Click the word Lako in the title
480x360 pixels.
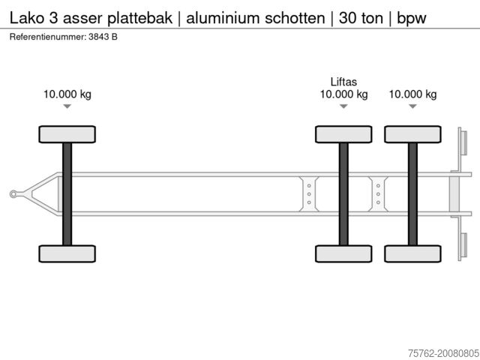click(x=27, y=18)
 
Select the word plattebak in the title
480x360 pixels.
click(x=140, y=18)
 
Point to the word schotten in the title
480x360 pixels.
click(x=295, y=18)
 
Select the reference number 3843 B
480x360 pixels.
click(x=103, y=37)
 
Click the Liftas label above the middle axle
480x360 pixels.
click(x=343, y=82)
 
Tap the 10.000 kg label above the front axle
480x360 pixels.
click(x=67, y=94)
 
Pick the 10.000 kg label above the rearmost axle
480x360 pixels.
click(x=412, y=94)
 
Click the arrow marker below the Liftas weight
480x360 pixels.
click(x=343, y=106)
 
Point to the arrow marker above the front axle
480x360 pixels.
click(x=67, y=106)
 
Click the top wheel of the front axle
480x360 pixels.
click(x=67, y=134)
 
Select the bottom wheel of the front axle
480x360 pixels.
click(x=67, y=253)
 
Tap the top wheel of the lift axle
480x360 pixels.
click(x=343, y=134)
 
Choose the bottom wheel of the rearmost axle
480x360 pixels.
click(x=412, y=253)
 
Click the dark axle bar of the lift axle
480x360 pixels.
click(x=343, y=194)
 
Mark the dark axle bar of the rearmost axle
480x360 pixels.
click(x=412, y=194)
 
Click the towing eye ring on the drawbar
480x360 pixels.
click(x=13, y=194)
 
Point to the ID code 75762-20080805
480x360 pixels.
click(x=444, y=353)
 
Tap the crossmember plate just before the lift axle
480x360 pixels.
click(x=309, y=194)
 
